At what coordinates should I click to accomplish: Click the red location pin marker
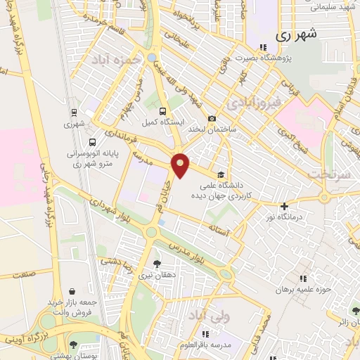tap(181, 165)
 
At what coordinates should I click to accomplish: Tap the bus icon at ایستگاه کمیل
tap(163, 111)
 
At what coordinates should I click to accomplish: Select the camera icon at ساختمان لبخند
tap(212, 119)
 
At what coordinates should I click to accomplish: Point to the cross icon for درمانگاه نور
tap(284, 206)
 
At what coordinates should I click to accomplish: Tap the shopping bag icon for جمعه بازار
tap(72, 290)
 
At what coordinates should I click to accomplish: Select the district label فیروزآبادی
tap(253, 103)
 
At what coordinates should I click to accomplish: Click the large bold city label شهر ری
tap(297, 34)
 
